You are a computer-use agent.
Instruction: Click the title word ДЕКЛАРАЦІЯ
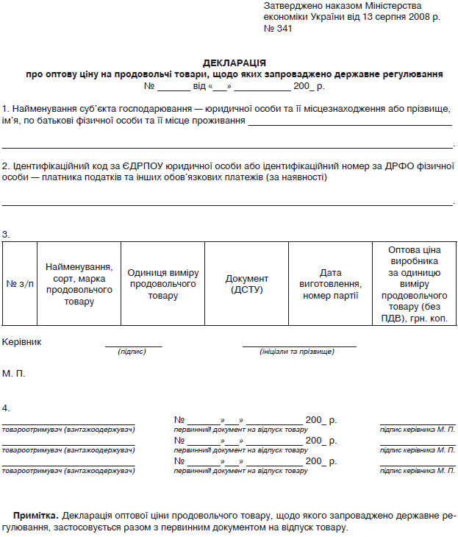(x=235, y=63)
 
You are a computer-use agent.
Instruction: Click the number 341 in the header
(x=283, y=29)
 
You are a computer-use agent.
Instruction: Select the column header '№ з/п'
(x=20, y=284)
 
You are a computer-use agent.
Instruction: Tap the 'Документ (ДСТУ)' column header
(x=247, y=284)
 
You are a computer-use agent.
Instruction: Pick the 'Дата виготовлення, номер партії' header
(x=330, y=284)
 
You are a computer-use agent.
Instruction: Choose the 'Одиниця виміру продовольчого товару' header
(x=162, y=284)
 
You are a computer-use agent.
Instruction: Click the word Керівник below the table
(x=22, y=342)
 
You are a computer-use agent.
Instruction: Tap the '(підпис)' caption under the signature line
(x=132, y=352)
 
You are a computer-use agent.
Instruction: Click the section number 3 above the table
(x=6, y=235)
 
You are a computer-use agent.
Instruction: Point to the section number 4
(x=6, y=407)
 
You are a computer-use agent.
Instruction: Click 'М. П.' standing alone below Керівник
(x=13, y=374)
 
